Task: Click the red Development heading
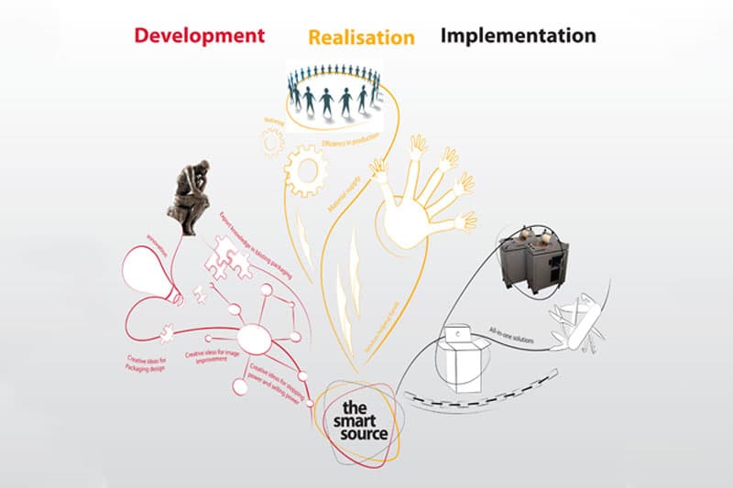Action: [199, 36]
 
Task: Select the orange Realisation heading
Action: [361, 38]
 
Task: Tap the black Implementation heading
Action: [518, 36]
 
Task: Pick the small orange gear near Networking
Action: [272, 140]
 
